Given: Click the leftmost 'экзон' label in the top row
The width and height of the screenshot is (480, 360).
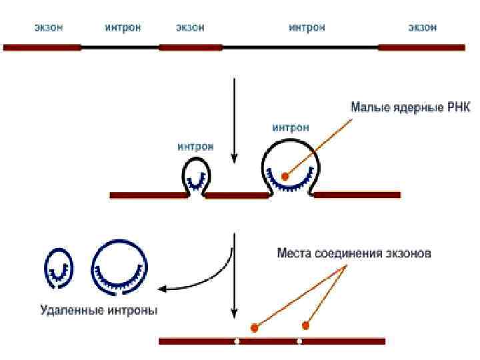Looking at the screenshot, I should [49, 27].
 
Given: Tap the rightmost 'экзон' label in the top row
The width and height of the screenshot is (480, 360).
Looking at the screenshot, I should [422, 27].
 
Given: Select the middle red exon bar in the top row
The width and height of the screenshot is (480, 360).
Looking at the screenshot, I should [190, 47].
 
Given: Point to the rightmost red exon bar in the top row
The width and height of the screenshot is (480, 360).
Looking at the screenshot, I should [421, 47].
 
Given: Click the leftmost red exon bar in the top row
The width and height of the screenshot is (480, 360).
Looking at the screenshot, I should [42, 47].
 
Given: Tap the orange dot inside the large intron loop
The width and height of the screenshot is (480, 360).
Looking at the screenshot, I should [285, 177].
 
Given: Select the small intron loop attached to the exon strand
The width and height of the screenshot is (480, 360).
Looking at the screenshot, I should [196, 176].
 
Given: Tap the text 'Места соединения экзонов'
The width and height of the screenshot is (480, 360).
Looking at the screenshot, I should [354, 253].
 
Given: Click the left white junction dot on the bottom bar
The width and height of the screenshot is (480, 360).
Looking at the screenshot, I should [237, 341].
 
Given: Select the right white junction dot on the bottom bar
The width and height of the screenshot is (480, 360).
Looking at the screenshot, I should [299, 341].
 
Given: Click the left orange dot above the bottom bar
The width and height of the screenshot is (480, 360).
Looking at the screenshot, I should [254, 327].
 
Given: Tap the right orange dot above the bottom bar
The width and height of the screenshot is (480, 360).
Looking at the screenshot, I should [306, 325].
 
